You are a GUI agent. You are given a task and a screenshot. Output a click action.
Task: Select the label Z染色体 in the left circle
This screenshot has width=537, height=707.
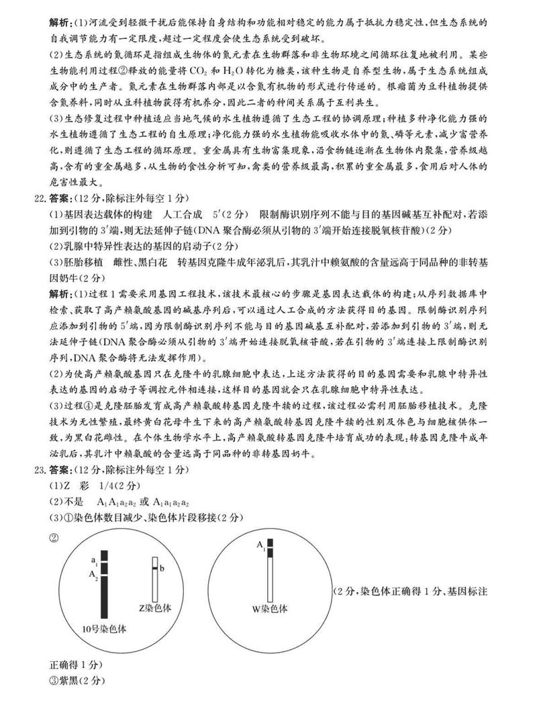click(x=155, y=607)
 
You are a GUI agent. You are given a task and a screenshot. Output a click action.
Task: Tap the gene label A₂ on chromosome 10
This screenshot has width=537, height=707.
click(x=94, y=575)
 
